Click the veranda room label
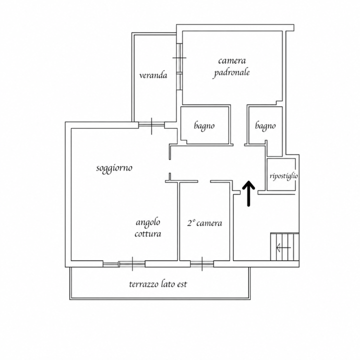point(153,75)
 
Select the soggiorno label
point(114,168)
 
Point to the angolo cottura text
point(148,228)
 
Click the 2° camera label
point(204,223)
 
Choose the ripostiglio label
point(284,176)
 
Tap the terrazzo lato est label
point(158,284)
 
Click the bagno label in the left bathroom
point(204,126)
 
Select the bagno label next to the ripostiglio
point(265,126)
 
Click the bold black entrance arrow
point(248,193)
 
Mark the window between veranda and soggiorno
point(151,125)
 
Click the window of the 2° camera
point(202,264)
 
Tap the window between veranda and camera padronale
point(179,66)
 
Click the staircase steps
point(284,247)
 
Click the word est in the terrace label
point(182,284)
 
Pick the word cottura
point(148,233)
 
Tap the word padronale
point(231,73)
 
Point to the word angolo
point(148,222)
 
